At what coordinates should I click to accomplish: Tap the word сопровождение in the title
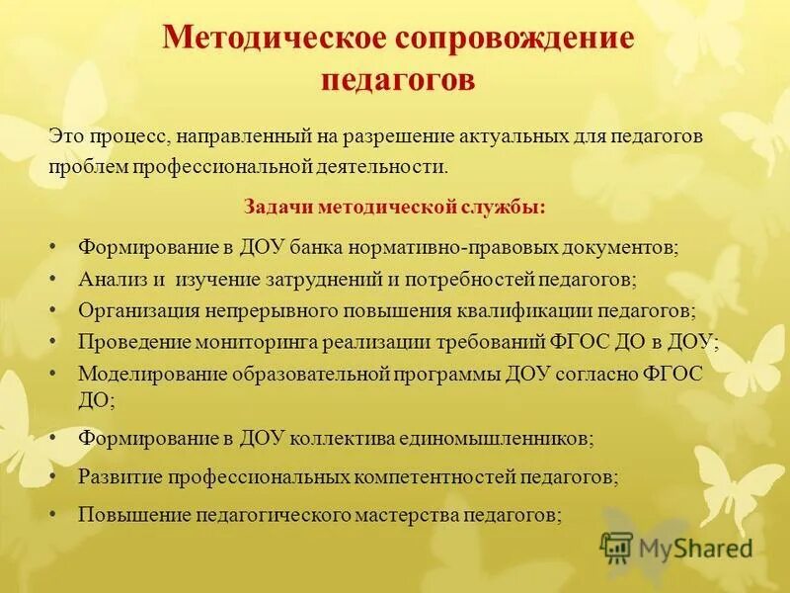(513, 40)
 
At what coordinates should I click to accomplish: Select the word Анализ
(112, 279)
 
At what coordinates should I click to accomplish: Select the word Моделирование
(151, 375)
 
